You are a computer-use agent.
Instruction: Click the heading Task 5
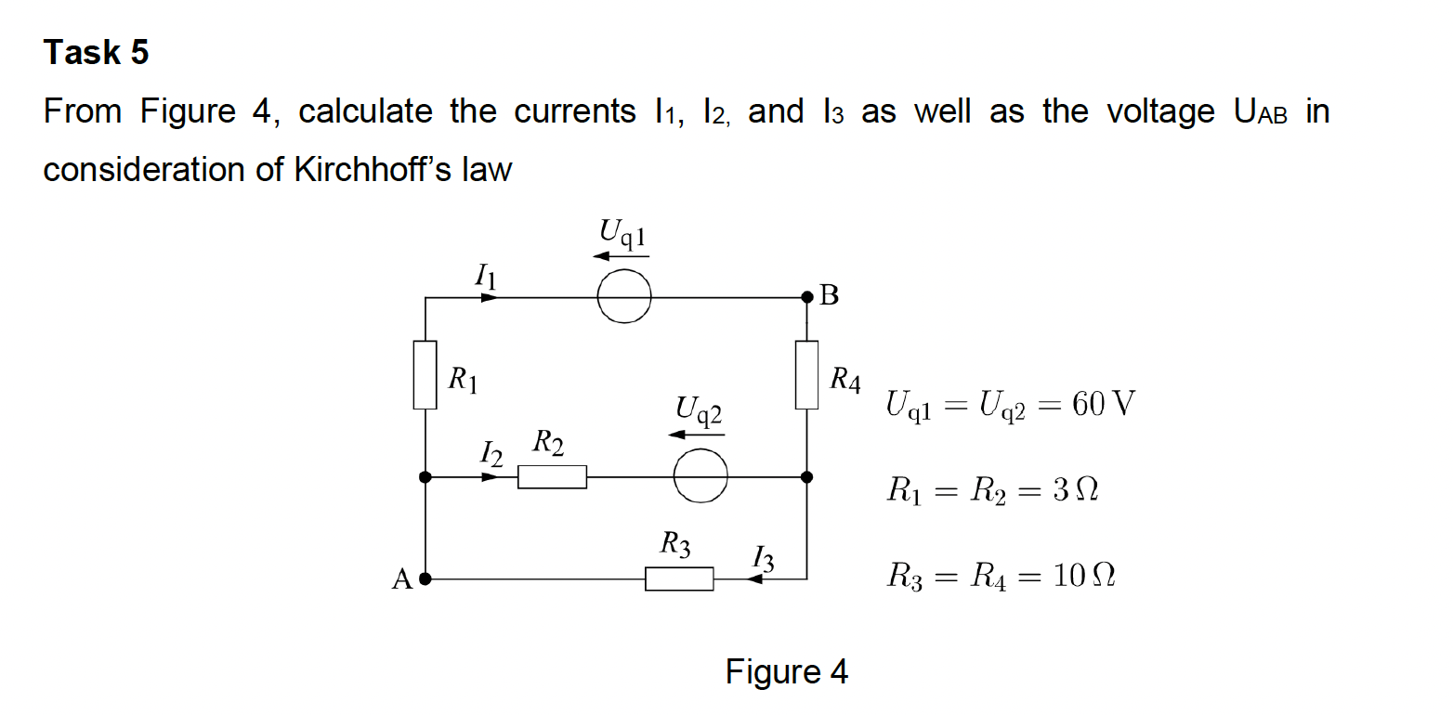[x=96, y=53]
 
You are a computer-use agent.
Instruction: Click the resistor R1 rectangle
[x=425, y=374]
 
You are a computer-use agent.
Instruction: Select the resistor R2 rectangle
[x=552, y=476]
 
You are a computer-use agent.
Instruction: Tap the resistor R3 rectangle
[x=679, y=578]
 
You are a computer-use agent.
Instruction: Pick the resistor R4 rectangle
[x=806, y=374]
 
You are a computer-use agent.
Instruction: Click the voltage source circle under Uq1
[x=623, y=297]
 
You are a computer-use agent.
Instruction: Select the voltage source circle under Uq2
[x=700, y=476]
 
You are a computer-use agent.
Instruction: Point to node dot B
[x=806, y=297]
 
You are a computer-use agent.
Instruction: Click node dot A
[x=425, y=578]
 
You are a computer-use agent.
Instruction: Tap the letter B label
[x=830, y=296]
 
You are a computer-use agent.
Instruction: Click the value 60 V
[x=1103, y=405]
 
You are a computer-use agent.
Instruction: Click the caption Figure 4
[x=786, y=671]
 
